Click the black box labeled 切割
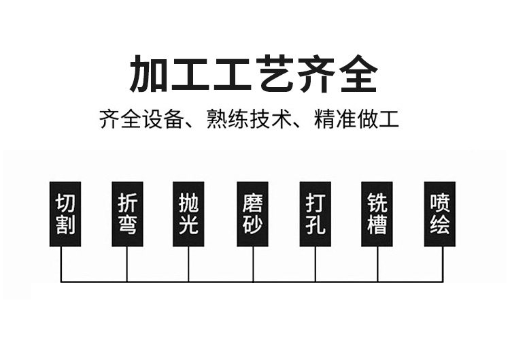coord(65,214)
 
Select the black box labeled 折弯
coord(127,214)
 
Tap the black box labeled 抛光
coord(188,214)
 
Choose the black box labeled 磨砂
coord(252,214)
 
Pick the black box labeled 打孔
coord(315,214)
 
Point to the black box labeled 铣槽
coord(377,214)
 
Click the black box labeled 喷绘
coord(440,214)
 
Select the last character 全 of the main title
coord(358,74)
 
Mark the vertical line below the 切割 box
coord(62,264)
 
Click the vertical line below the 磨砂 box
coord(253,264)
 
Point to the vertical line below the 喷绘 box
coord(443,264)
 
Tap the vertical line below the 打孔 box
coord(316,264)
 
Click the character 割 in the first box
coord(65,225)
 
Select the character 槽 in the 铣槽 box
coord(377,225)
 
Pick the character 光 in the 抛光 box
coord(188,225)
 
